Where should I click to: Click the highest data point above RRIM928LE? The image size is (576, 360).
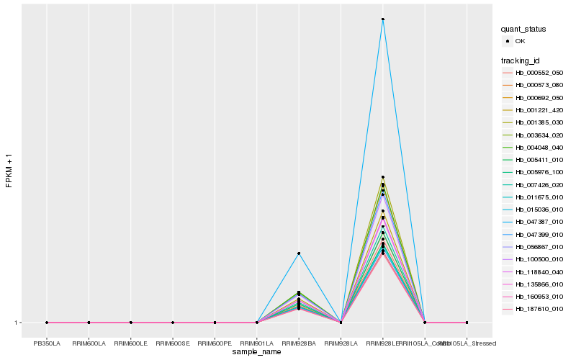383,19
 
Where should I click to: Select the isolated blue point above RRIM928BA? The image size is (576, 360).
299,253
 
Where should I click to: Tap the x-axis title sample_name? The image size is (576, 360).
256,351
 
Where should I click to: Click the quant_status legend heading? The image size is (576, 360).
523,30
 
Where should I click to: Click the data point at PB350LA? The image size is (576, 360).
47,323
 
